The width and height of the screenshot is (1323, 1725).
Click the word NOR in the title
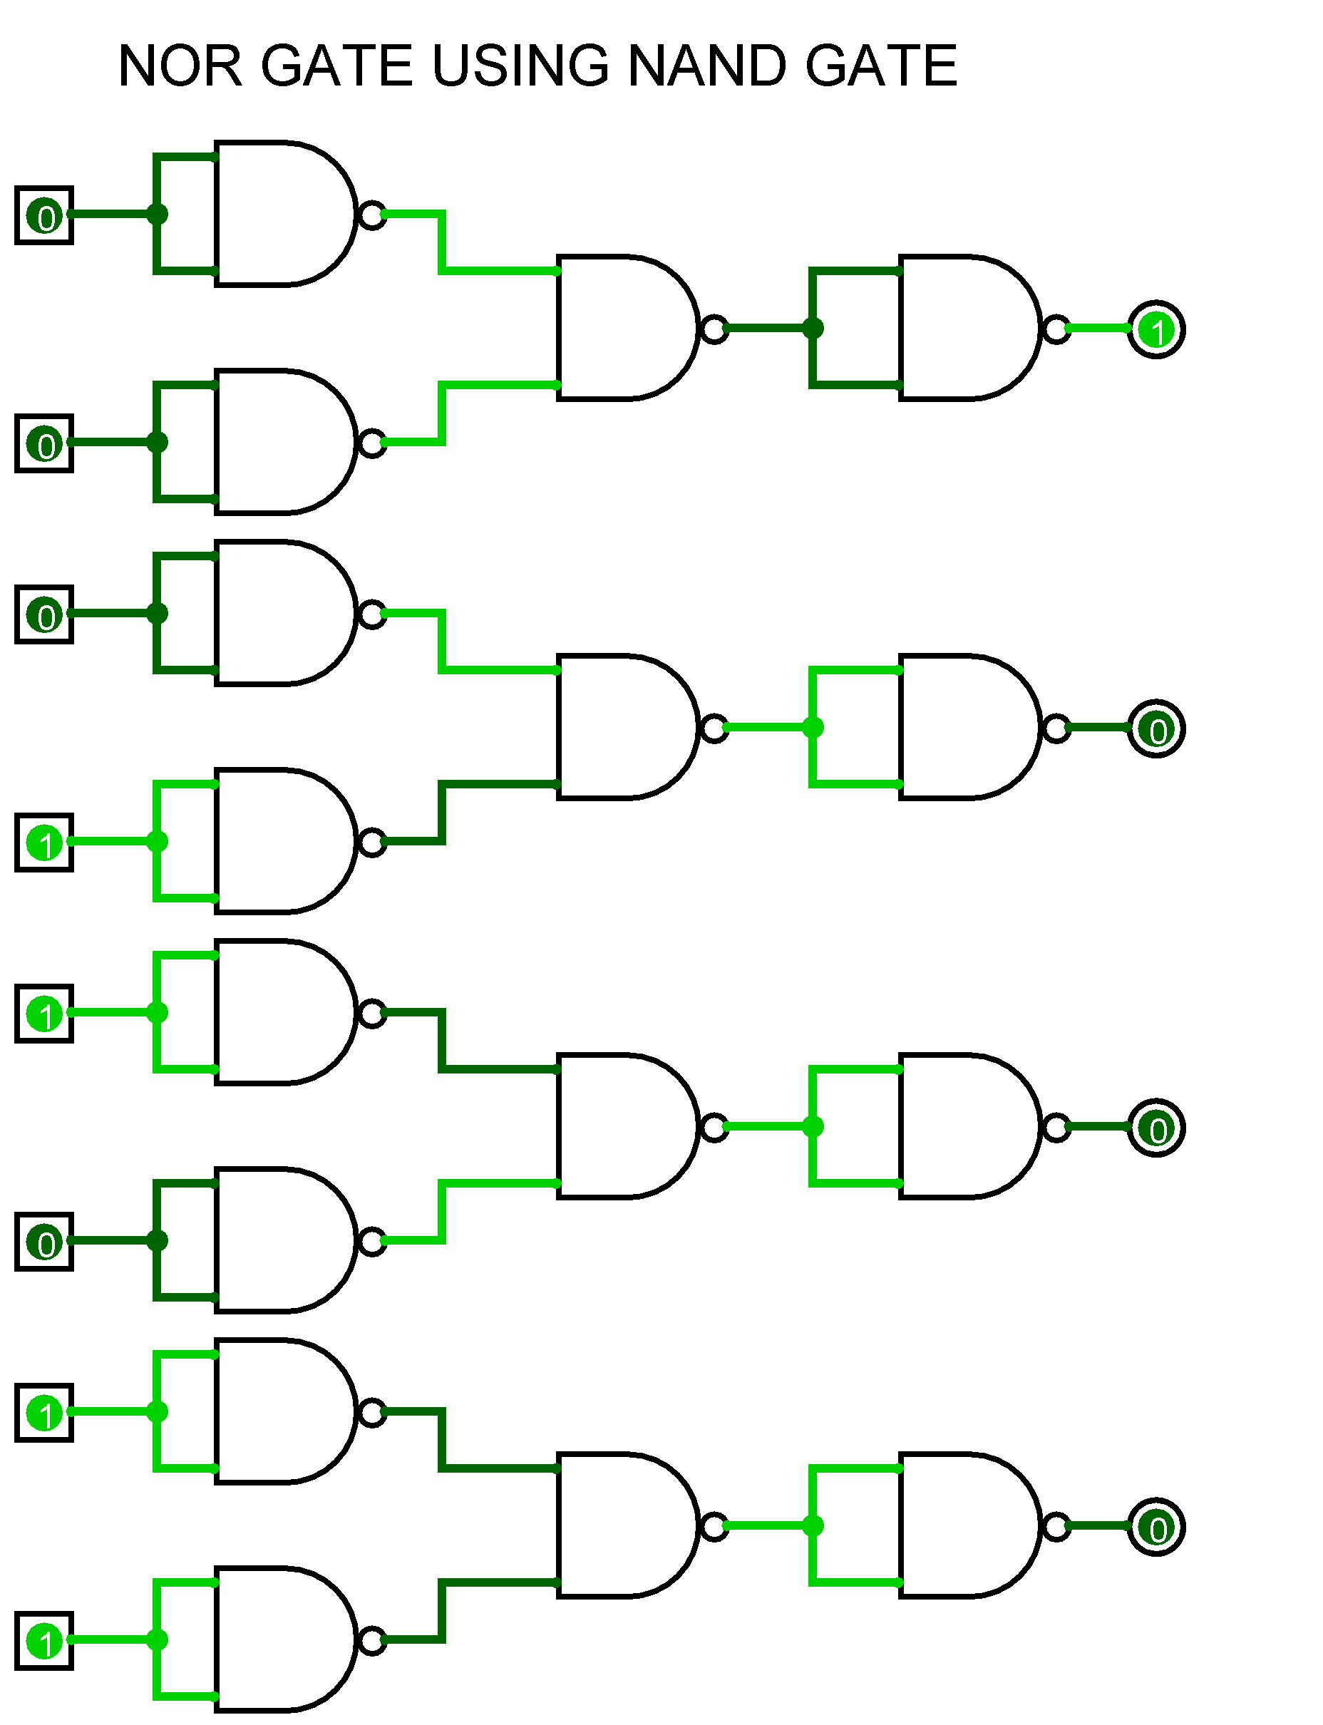[180, 66]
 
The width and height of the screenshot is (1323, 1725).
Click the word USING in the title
[520, 66]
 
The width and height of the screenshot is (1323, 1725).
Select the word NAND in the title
[708, 66]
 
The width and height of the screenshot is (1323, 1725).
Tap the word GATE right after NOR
[337, 66]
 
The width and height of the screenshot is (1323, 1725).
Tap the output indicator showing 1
[1156, 329]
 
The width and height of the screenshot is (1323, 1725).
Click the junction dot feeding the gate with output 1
[813, 327]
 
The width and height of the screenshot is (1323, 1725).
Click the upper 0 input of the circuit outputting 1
[44, 215]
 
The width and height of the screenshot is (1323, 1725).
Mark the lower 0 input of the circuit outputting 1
[44, 443]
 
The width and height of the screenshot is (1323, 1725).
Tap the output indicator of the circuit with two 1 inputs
[1156, 1528]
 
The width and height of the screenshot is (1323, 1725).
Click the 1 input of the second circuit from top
[44, 843]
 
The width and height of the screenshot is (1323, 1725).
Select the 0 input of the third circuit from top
[44, 1242]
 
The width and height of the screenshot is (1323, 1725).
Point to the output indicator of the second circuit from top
[1156, 728]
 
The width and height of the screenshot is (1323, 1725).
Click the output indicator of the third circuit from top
[1156, 1128]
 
